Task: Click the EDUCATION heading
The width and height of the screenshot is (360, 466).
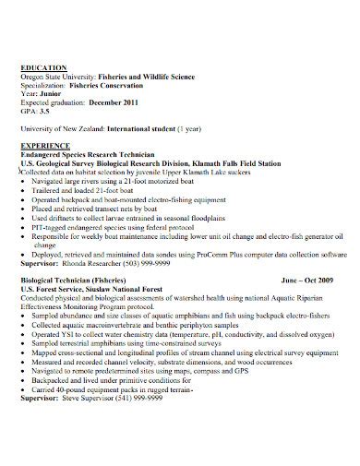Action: [43, 67]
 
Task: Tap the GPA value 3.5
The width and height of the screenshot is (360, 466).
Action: [43, 110]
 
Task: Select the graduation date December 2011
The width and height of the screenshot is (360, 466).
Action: [112, 102]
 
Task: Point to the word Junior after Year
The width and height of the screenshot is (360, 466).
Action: [49, 93]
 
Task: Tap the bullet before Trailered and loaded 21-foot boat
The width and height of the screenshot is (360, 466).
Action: [24, 191]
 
